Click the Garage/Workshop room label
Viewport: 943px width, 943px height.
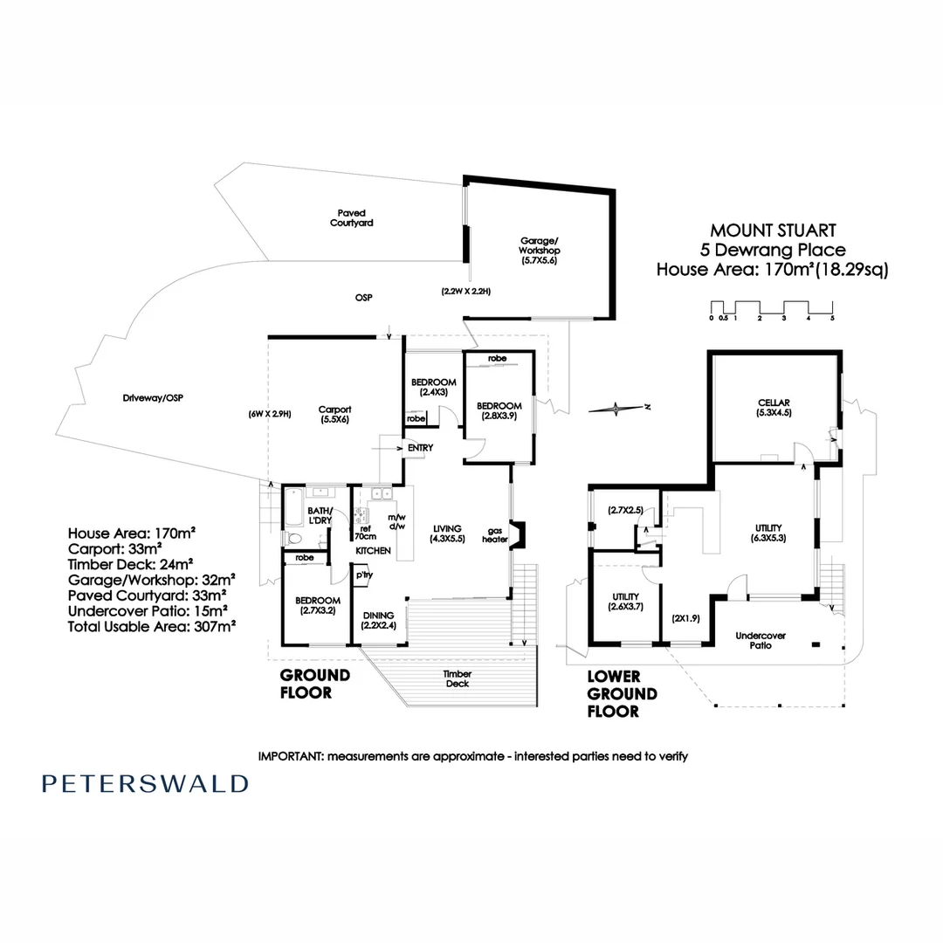coord(539,250)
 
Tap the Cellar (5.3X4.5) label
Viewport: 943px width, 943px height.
coord(774,408)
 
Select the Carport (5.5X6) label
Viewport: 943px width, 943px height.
coord(334,414)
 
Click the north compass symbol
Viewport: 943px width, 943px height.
coord(618,407)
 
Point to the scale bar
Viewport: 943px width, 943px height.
coord(772,309)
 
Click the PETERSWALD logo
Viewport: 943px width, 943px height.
coord(144,783)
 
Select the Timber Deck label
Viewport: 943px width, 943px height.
coord(457,678)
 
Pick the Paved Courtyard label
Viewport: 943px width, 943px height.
coord(352,217)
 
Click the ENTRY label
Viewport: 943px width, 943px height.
coord(420,448)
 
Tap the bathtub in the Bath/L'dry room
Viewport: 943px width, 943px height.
coord(293,506)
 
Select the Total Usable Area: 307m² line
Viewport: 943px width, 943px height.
coord(153,626)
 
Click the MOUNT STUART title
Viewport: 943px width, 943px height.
coord(773,231)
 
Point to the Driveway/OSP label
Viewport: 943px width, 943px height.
coord(153,398)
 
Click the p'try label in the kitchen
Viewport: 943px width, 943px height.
coord(362,575)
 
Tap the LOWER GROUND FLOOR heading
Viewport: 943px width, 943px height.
coord(622,693)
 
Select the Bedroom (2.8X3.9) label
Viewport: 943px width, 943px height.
coord(499,411)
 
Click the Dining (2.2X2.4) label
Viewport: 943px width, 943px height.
coord(379,620)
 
